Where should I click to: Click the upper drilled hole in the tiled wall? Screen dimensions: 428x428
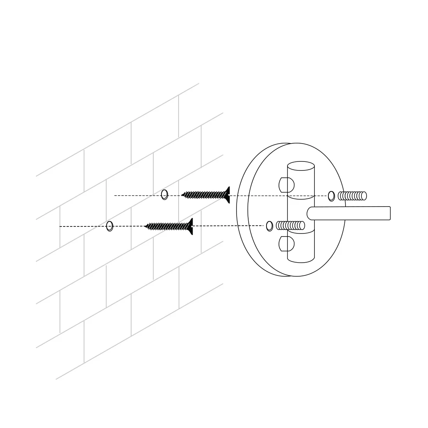[165, 195]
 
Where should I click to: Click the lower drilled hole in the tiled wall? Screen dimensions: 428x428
[110, 226]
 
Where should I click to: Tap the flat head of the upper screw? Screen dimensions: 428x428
[227, 195]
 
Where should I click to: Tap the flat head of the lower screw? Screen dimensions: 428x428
[190, 226]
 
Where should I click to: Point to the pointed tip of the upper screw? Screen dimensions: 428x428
[182, 195]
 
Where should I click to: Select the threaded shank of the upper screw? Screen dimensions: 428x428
[204, 195]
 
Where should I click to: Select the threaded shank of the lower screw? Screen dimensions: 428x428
[167, 226]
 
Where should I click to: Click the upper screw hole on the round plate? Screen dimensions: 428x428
[331, 196]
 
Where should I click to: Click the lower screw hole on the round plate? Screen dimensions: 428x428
[269, 226]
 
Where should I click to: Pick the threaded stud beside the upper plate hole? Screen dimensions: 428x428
[353, 196]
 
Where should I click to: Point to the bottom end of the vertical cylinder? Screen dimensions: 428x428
[301, 259]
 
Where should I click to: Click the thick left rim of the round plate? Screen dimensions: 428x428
[242, 210]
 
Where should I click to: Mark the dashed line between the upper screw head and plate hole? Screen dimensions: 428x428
[278, 196]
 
